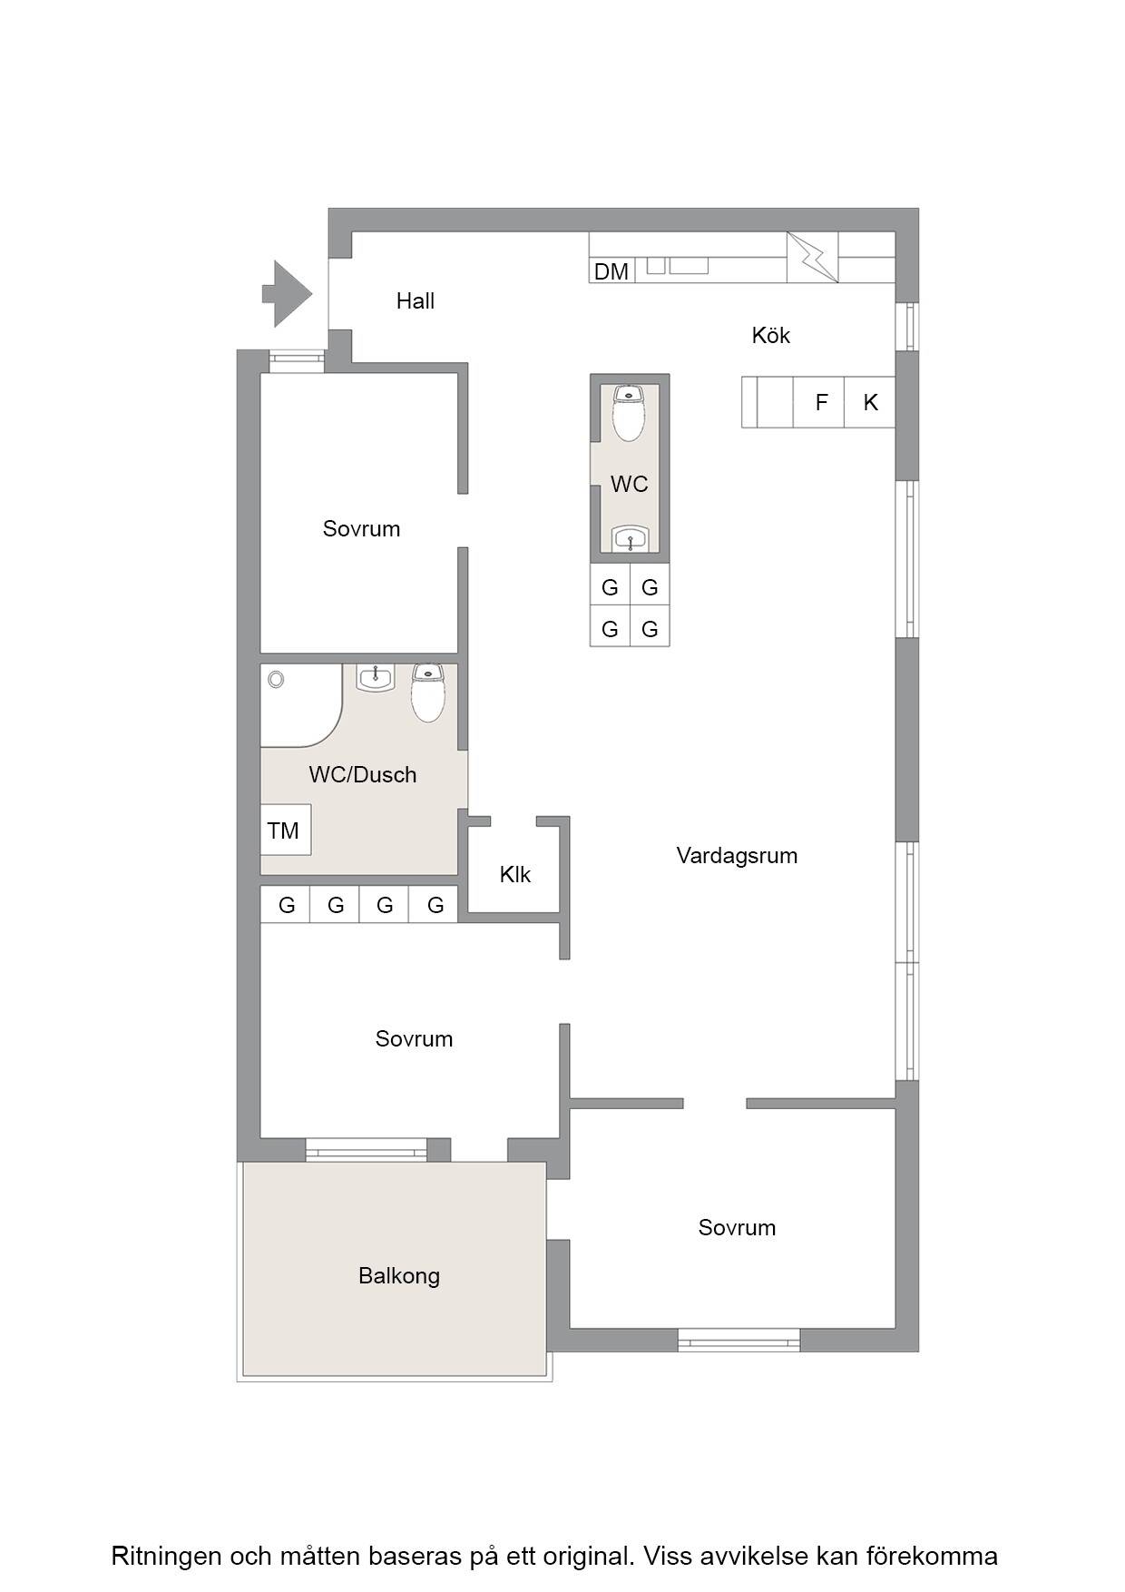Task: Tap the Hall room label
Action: (x=416, y=301)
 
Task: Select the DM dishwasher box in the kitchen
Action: (x=611, y=270)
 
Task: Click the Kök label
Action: (x=771, y=335)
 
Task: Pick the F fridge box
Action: (x=820, y=402)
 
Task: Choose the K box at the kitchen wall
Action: (x=870, y=402)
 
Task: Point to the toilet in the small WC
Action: (x=629, y=413)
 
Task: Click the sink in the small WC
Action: (x=630, y=538)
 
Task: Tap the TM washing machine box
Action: (x=286, y=830)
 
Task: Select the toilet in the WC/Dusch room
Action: (x=427, y=693)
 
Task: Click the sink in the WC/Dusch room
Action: (x=375, y=678)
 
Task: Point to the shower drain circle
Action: (x=276, y=679)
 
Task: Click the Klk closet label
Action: (x=515, y=874)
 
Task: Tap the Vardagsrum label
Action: (x=737, y=856)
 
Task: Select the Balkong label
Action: (x=399, y=1276)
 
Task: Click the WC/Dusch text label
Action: (x=363, y=774)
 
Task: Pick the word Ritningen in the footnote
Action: (x=167, y=1556)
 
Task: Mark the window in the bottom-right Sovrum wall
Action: (x=739, y=1340)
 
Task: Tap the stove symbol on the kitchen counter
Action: (x=812, y=257)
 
